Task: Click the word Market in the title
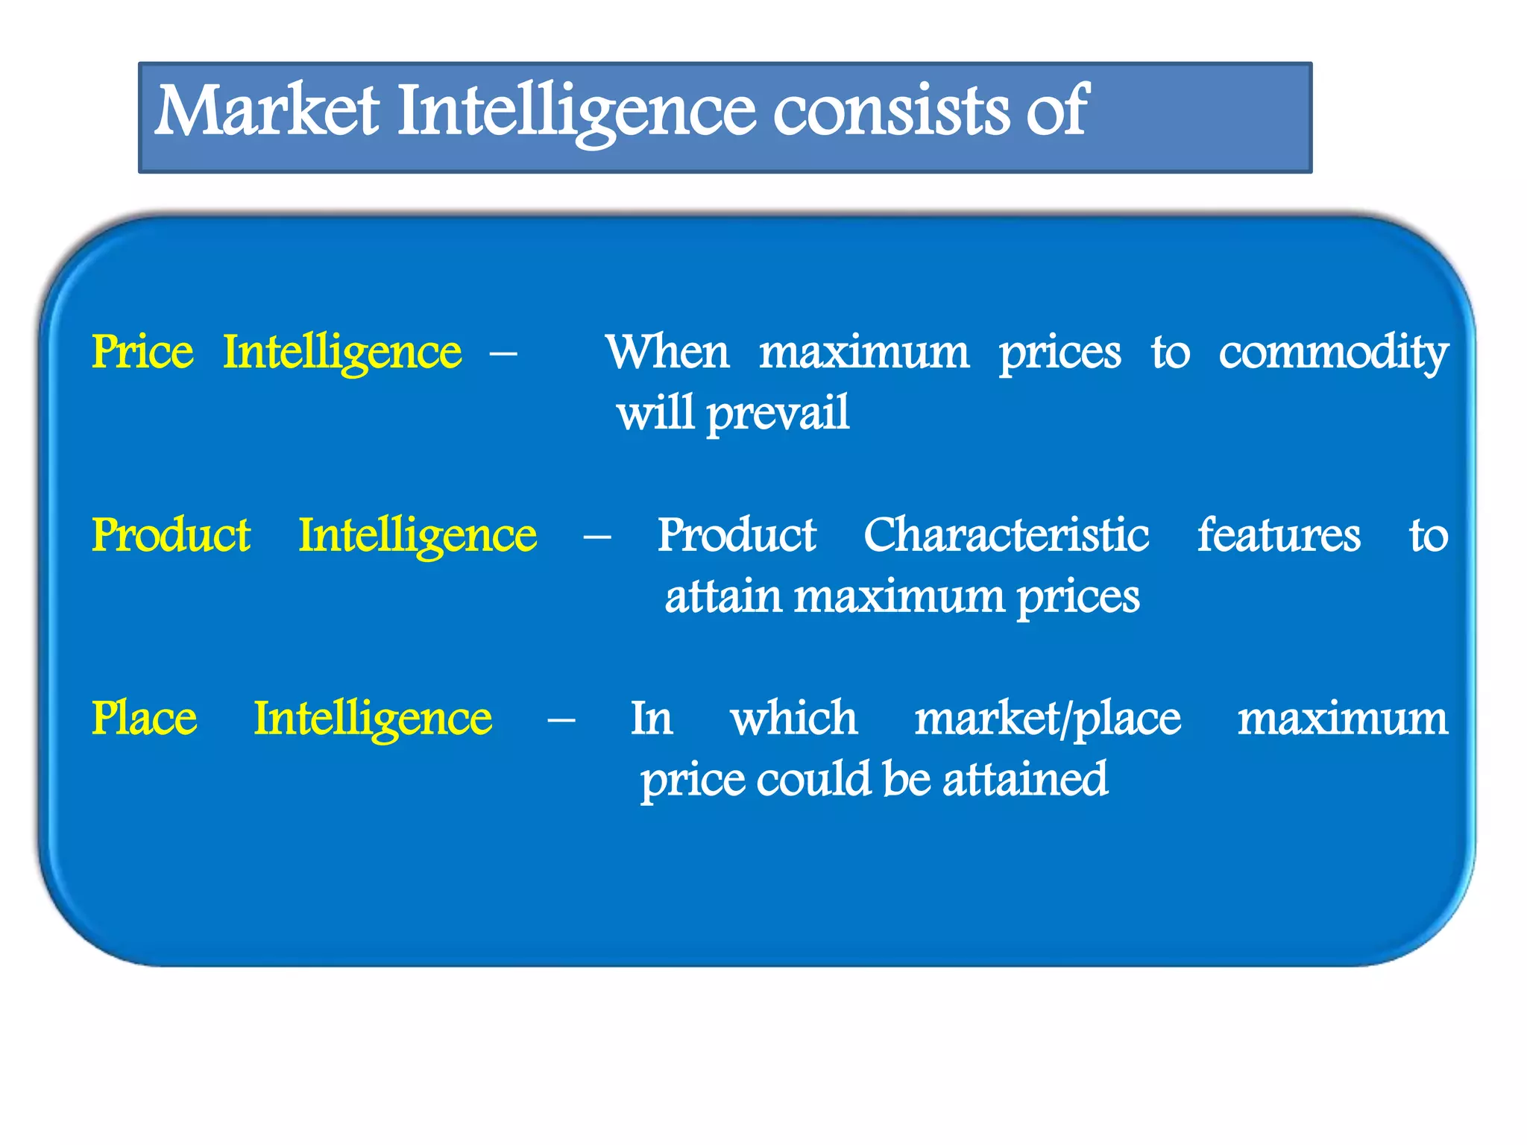pyautogui.click(x=266, y=112)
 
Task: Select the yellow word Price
pyautogui.click(x=142, y=352)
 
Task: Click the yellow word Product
pyautogui.click(x=171, y=535)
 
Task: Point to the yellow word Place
pyautogui.click(x=144, y=719)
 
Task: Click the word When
pyautogui.click(x=667, y=352)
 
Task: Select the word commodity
pyautogui.click(x=1333, y=353)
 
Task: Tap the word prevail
pyautogui.click(x=778, y=414)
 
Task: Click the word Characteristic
pyautogui.click(x=1006, y=535)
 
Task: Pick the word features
pyautogui.click(x=1279, y=535)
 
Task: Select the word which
pyautogui.click(x=793, y=719)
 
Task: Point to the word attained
pyautogui.click(x=1025, y=780)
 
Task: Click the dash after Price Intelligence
pyautogui.click(x=503, y=352)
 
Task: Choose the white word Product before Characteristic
pyautogui.click(x=736, y=535)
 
